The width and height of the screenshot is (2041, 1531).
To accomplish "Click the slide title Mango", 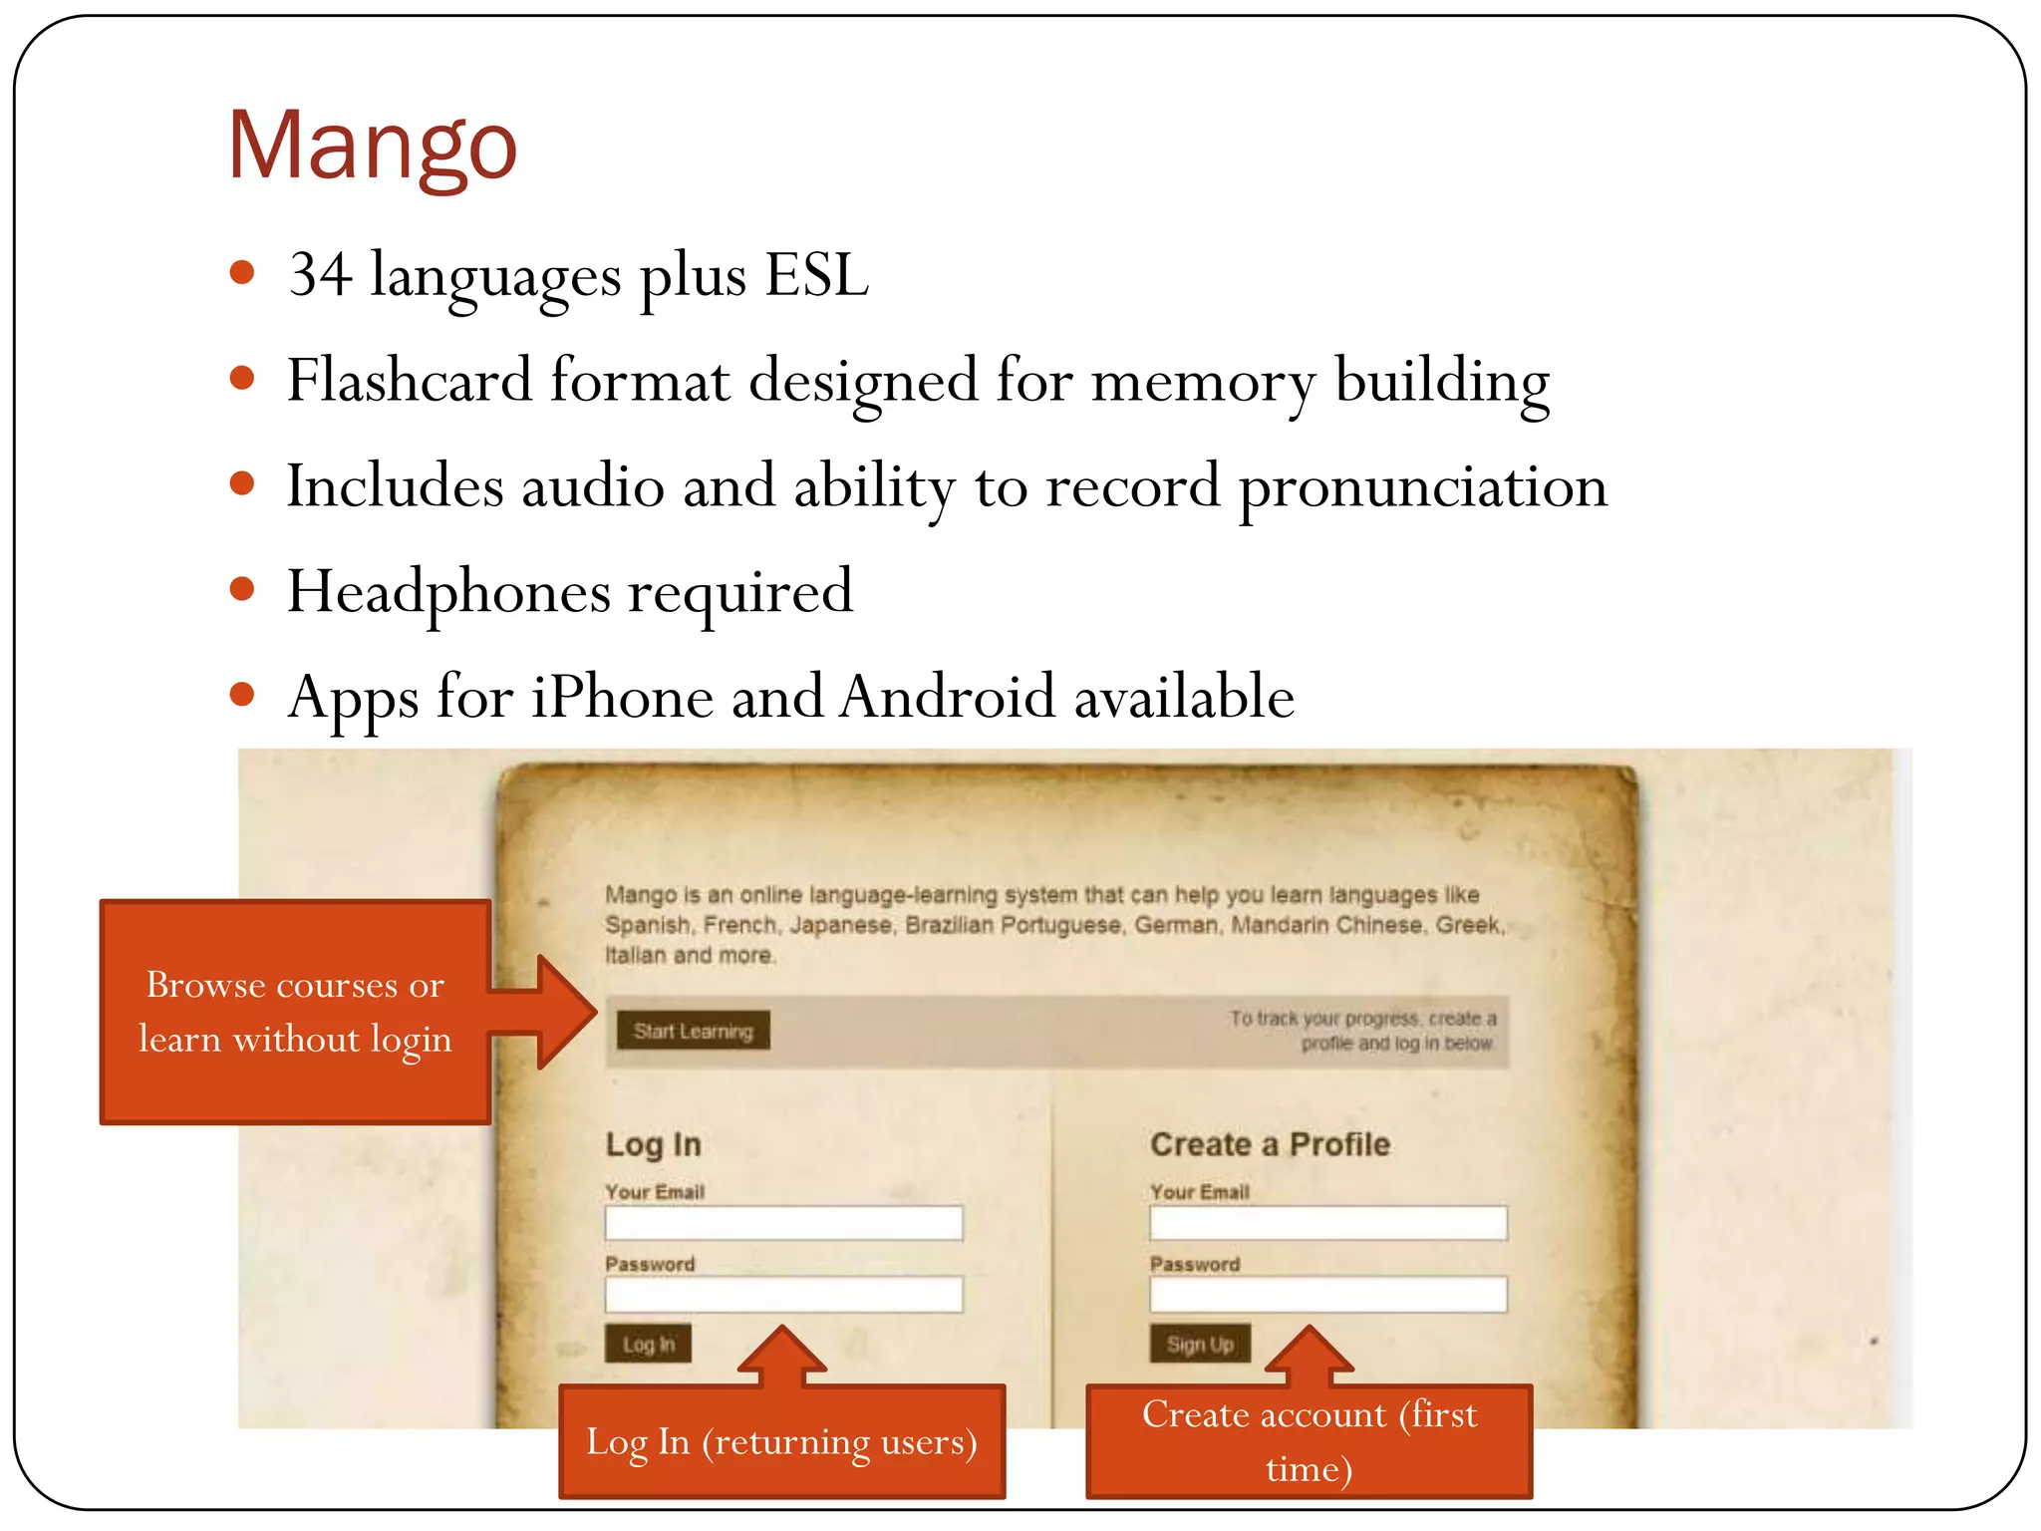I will tap(372, 147).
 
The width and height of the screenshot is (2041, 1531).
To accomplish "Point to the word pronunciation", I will tap(1422, 487).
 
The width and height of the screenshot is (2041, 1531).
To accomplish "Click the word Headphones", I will tap(448, 592).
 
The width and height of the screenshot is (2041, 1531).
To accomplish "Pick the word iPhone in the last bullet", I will tap(622, 697).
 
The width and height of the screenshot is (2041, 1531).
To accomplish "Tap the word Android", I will tap(947, 697).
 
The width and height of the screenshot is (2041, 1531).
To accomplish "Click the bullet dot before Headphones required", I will tap(242, 588).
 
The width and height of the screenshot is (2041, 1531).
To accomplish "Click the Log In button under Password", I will tap(648, 1344).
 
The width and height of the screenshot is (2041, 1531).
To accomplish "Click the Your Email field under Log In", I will tap(783, 1223).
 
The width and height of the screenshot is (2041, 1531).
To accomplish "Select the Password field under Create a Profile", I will tap(1327, 1295).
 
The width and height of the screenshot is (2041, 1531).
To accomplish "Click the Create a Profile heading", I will tap(1270, 1144).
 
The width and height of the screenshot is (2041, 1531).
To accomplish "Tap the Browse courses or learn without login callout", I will tap(295, 1012).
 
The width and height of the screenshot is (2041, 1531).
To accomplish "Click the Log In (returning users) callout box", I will tap(781, 1441).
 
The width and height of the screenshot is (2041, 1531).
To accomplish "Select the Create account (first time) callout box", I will tap(1309, 1441).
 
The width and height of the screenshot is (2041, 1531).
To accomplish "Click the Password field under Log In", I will tap(783, 1295).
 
